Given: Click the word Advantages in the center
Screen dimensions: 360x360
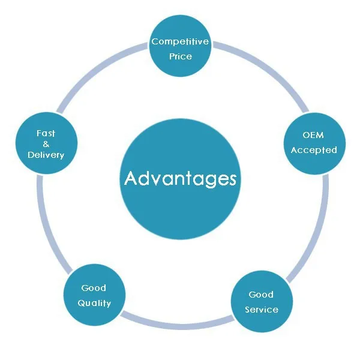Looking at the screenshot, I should (180, 179).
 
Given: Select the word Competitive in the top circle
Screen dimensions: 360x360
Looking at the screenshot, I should (180, 41).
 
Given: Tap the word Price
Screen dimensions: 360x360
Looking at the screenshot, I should (180, 56).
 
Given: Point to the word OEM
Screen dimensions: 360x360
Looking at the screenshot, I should (313, 135).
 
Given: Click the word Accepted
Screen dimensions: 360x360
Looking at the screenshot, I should (314, 150).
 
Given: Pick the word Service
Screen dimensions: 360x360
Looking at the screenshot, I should (262, 310).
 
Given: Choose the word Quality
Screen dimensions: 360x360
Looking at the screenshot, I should (94, 303).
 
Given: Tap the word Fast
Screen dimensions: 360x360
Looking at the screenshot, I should (46, 133).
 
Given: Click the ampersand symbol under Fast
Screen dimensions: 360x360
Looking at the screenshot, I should (46, 144).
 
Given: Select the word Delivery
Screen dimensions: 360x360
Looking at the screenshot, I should (46, 155).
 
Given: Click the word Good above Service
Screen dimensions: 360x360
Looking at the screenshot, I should (261, 295).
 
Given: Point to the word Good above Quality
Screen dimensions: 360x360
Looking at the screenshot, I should (94, 288).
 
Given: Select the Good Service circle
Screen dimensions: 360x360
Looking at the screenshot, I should (262, 302).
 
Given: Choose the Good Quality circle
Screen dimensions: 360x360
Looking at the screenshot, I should (94, 295).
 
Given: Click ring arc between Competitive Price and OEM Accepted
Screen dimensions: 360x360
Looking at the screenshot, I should (264, 66).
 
